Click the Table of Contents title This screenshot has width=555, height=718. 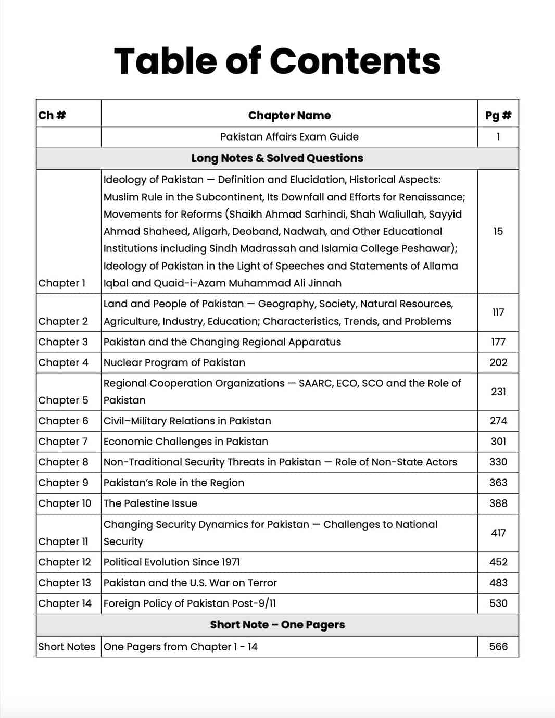[x=277, y=61]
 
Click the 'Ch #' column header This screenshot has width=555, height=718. [x=52, y=115]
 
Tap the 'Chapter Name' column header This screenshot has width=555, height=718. [x=289, y=115]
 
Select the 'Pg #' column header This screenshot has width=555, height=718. [x=498, y=115]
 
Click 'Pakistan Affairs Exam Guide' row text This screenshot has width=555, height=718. [x=289, y=137]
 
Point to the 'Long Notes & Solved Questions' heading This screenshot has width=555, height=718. [x=277, y=158]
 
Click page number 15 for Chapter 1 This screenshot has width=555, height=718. [x=498, y=231]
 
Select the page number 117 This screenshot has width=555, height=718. [x=498, y=312]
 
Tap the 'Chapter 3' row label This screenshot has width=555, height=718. [x=63, y=342]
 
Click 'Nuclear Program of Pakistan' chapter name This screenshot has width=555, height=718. [x=174, y=363]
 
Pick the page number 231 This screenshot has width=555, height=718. [x=498, y=392]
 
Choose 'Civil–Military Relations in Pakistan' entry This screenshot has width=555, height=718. [x=187, y=421]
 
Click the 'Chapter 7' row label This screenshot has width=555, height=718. [x=63, y=442]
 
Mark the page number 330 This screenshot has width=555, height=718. [x=498, y=462]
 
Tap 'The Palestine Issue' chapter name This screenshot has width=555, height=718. [x=150, y=503]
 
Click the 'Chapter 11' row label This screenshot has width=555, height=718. [x=63, y=541]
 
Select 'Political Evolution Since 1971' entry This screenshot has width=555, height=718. [x=171, y=562]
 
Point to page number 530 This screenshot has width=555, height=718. [x=498, y=603]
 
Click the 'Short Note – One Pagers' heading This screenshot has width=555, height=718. [x=277, y=625]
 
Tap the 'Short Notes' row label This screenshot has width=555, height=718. [x=67, y=647]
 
